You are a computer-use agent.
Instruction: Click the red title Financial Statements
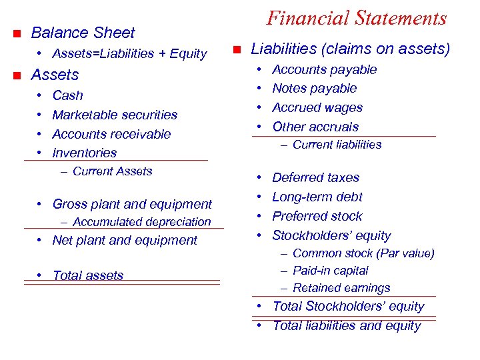[356, 18]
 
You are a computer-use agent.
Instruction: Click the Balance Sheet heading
[83, 33]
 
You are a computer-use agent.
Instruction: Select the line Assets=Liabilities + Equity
[129, 53]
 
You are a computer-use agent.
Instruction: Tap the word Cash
[67, 95]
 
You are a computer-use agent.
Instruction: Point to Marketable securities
[115, 115]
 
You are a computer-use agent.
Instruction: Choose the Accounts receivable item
[111, 134]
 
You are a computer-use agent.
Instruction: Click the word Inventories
[84, 153]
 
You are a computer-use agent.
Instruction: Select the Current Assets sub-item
[112, 171]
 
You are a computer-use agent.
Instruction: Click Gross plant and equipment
[132, 204]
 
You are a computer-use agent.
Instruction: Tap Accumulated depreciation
[141, 222]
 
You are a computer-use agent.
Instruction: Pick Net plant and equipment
[125, 240]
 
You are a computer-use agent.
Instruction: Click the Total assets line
[87, 275]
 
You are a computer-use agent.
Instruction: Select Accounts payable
[325, 69]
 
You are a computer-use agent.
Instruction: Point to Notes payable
[315, 88]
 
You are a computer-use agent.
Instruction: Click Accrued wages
[317, 107]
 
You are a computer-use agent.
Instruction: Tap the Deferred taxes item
[315, 178]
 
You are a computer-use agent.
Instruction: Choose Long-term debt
[317, 197]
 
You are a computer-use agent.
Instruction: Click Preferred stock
[317, 216]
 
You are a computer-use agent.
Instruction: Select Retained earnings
[341, 288]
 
